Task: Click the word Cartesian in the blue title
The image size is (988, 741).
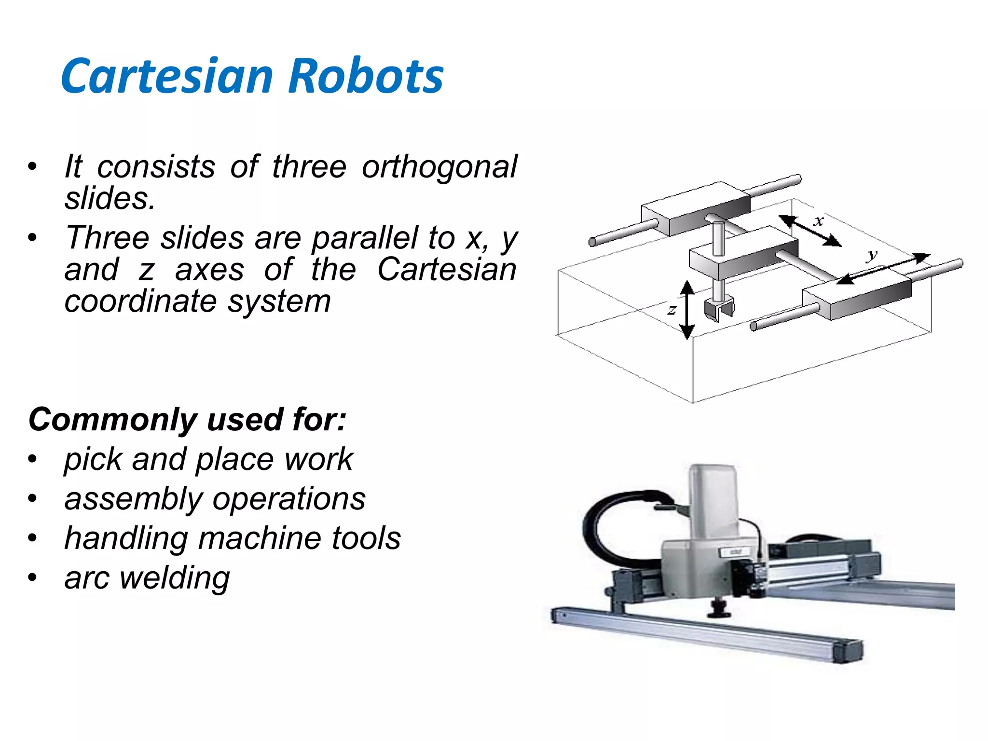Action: pos(167,76)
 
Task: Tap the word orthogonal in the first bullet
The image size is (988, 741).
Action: pos(439,167)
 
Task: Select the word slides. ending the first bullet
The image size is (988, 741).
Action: pos(110,198)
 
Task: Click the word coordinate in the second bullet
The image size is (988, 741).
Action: pos(140,302)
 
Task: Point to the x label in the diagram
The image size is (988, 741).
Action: pos(819,221)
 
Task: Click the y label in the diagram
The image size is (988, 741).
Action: pos(872,254)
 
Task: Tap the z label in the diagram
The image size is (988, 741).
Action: pos(672,310)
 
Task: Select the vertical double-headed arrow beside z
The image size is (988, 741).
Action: pos(687,310)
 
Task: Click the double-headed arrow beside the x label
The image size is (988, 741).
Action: pos(810,231)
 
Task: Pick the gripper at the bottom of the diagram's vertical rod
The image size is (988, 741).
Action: pos(718,309)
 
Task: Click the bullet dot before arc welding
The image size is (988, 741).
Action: pos(32,577)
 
